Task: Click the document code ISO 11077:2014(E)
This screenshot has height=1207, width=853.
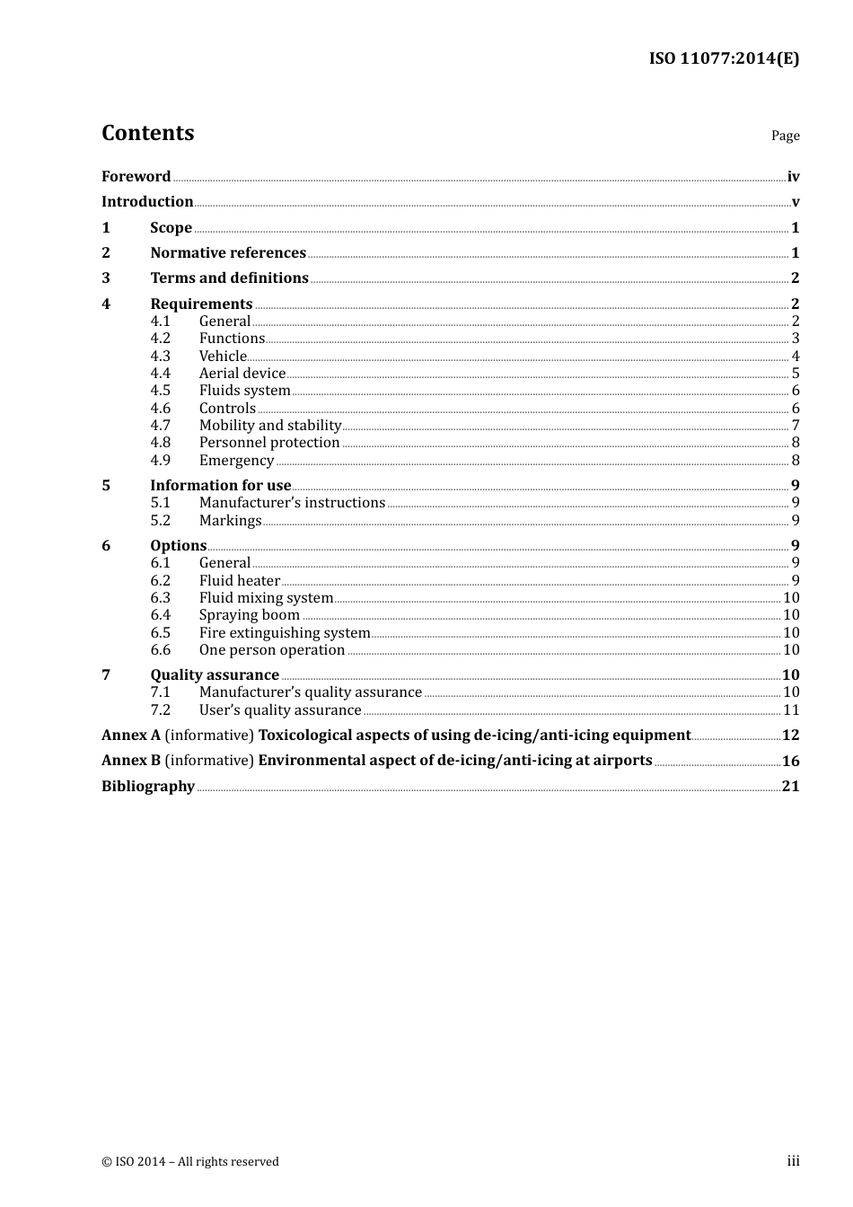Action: (724, 58)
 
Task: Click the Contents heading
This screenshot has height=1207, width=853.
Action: (147, 133)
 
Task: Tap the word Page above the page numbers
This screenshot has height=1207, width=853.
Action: (785, 136)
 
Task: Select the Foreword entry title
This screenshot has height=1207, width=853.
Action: (136, 177)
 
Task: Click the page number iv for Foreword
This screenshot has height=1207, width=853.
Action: (793, 177)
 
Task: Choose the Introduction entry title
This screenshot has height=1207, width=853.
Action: (147, 202)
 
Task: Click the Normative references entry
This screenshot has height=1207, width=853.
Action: (228, 253)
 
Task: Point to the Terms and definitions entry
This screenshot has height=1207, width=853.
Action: (229, 278)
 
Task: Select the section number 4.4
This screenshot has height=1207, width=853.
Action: (160, 374)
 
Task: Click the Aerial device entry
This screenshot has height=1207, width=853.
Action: (242, 374)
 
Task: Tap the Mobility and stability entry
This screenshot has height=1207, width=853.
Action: (269, 426)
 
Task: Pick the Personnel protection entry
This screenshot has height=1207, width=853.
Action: (269, 443)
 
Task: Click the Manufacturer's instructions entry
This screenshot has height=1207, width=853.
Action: (292, 503)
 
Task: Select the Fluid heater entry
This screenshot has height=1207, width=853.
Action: (239, 581)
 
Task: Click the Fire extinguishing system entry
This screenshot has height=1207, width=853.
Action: (284, 633)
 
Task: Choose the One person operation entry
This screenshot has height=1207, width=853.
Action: (271, 650)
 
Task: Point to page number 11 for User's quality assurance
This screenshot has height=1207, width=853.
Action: (791, 710)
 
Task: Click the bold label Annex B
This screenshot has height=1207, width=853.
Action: (131, 761)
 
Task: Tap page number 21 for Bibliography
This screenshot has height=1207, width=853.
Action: (790, 787)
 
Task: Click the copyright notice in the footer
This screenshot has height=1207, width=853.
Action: (190, 1162)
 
